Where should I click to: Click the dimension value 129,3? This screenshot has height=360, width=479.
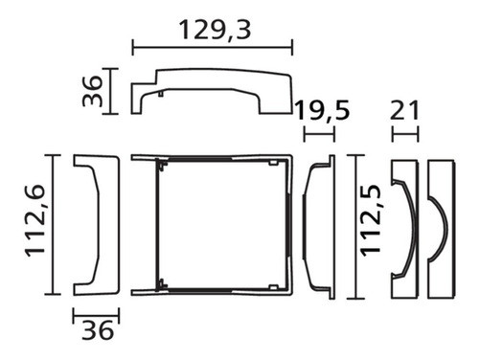(x=215, y=30)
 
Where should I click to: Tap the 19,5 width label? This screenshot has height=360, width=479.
(x=323, y=110)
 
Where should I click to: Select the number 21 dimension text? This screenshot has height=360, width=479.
(x=404, y=110)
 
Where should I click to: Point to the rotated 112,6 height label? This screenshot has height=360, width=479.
(x=35, y=220)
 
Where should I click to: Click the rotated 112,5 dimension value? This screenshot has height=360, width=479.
(x=371, y=220)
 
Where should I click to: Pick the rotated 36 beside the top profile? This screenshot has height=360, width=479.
(x=92, y=91)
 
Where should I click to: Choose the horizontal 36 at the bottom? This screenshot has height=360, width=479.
(x=98, y=330)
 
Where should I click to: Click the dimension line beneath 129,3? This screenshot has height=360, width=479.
(x=213, y=48)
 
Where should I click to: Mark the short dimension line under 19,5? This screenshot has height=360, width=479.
(x=319, y=134)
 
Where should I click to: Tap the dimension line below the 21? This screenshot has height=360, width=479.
(x=405, y=134)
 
